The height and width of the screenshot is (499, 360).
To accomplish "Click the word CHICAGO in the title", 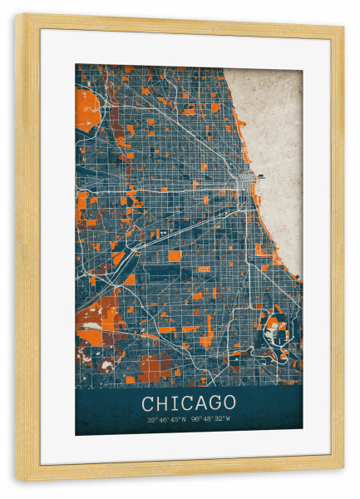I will pos(189,403).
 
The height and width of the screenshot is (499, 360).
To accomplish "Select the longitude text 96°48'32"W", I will pos(211,421).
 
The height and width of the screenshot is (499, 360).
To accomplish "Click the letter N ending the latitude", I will pos(185,421).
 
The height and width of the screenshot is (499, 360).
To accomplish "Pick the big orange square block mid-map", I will pos(175,255).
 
